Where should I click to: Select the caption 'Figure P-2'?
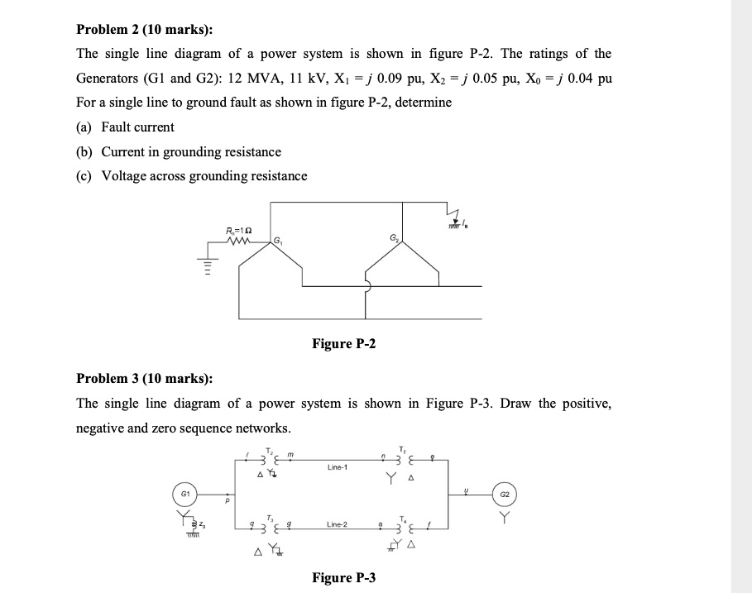point(343,343)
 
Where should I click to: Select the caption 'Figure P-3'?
point(343,577)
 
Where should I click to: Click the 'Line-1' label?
point(338,467)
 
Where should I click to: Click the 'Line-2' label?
point(338,524)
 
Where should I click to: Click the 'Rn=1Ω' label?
point(238,229)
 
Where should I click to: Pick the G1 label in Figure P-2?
point(278,242)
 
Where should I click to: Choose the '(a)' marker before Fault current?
point(84,127)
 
